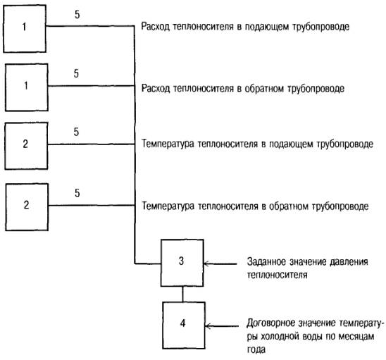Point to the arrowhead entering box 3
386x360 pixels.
pos(206,263)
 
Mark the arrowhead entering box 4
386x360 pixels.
pos(208,326)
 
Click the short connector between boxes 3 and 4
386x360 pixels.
pos(182,294)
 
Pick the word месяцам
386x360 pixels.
pos(356,337)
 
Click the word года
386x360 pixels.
pos(256,349)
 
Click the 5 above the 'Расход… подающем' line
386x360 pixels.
pos(77,15)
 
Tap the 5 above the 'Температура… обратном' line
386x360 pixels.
pos(77,193)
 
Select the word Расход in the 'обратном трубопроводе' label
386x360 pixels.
pos(156,88)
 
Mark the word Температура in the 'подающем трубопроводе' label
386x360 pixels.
pos(168,144)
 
